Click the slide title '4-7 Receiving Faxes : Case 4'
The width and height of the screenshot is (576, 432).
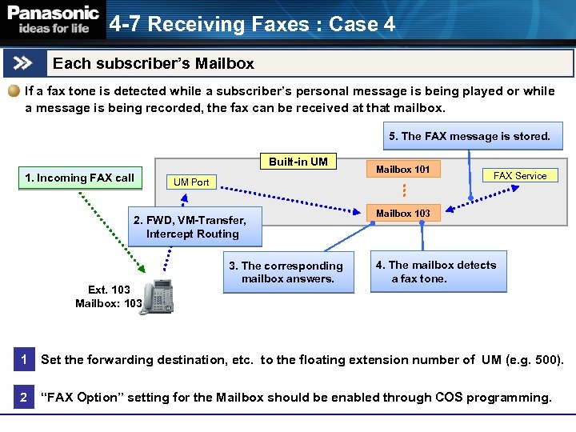(252, 24)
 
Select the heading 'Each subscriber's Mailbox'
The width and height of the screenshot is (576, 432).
(154, 63)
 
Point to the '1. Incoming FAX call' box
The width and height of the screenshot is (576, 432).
(80, 178)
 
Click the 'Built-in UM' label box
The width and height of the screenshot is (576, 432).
(298, 162)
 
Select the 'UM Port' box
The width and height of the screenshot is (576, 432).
(191, 182)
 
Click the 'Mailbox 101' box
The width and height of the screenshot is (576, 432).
(403, 170)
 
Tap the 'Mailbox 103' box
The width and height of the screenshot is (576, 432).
(403, 213)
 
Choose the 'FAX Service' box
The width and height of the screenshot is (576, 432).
(520, 175)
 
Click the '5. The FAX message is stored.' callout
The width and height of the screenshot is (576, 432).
(470, 136)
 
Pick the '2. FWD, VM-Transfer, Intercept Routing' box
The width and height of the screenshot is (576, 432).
(194, 227)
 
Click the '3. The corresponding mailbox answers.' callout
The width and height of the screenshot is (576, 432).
(286, 272)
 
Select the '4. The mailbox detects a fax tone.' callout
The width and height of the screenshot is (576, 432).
(438, 272)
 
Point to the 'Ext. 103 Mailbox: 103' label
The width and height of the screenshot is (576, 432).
(109, 297)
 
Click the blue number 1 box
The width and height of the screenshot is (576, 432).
(23, 360)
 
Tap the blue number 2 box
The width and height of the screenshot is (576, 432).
(23, 398)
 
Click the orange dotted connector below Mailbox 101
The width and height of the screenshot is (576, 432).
(404, 190)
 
